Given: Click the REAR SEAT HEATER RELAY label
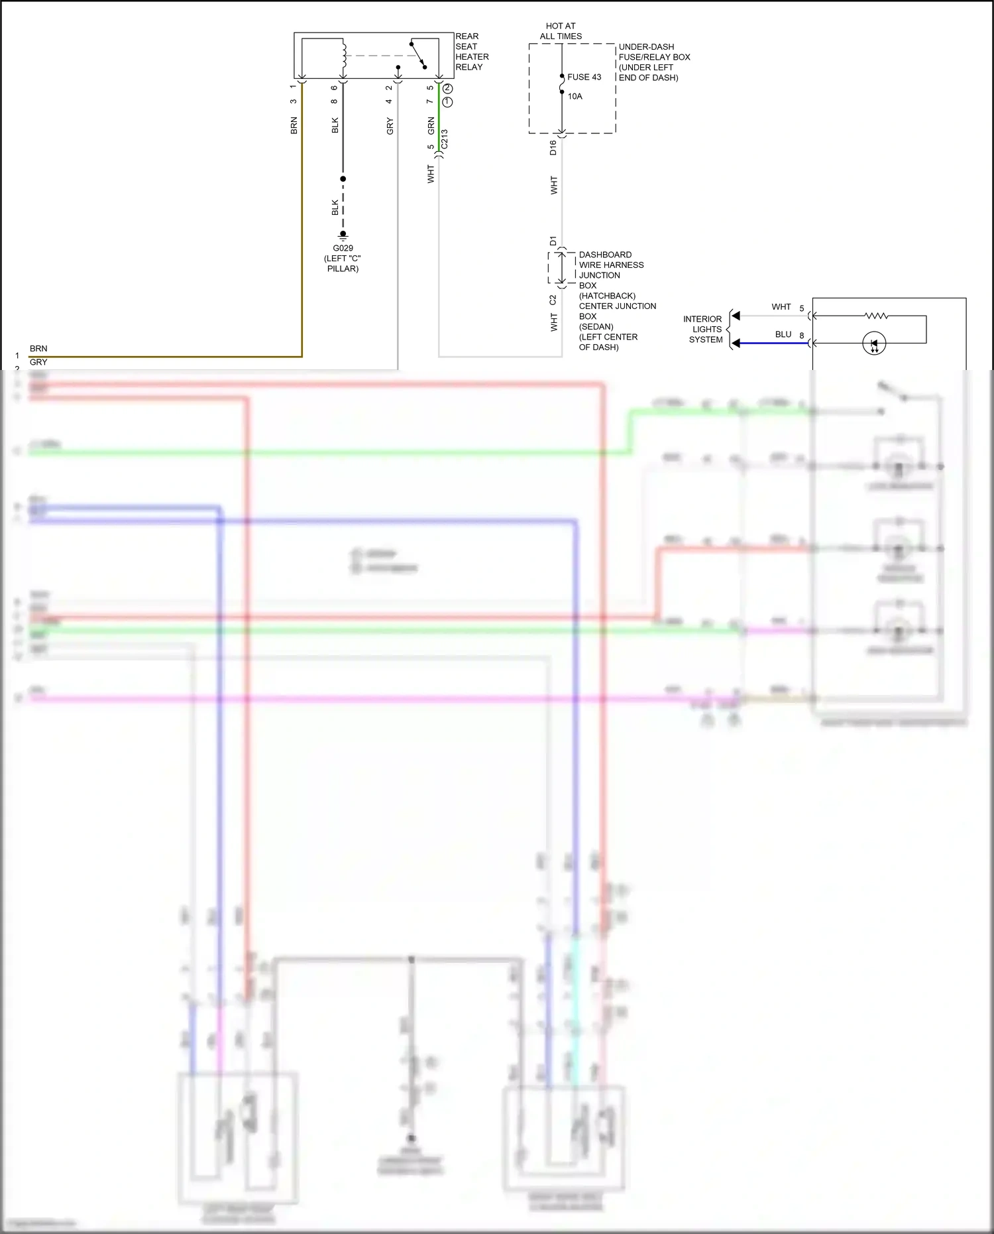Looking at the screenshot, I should pos(471,52).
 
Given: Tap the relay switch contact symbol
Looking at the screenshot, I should pos(417,55).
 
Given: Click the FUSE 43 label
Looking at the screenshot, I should pos(584,77).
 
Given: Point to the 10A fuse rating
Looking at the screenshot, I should pos(575,96).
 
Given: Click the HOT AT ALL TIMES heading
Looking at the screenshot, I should pos(561,31).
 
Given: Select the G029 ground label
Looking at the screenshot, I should pos(343,248).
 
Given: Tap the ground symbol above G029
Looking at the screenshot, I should pos(343,235).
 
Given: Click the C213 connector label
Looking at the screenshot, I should pos(445,139).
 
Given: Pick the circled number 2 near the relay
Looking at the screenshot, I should pos(448,88).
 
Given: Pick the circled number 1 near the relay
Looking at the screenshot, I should pos(448,102).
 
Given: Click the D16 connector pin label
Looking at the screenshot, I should pos(553,148).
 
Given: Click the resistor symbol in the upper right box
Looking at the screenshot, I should pos(876,316).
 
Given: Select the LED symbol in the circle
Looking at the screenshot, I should pos(873,343).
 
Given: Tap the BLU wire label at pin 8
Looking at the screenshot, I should pos(783,334).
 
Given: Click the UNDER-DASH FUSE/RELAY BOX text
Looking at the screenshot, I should pos(653,62).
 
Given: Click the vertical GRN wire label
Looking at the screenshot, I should pos(431,125).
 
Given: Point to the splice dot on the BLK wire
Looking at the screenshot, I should pos(343,179).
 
